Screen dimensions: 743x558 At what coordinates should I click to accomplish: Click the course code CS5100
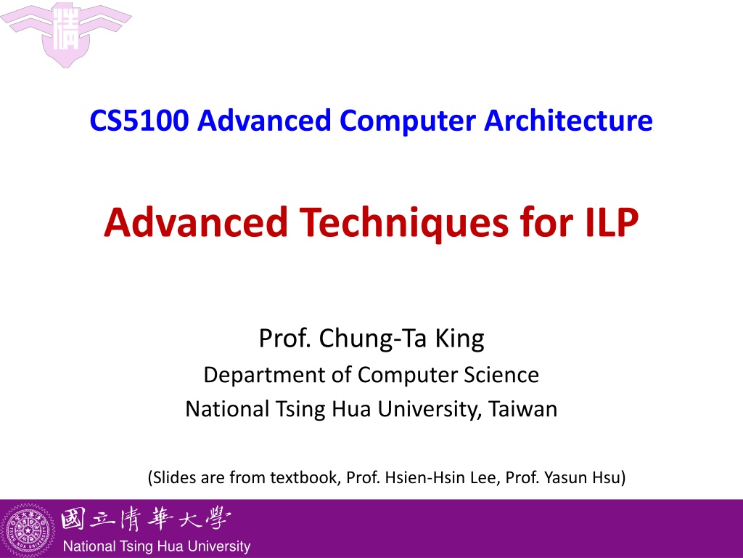[139, 121]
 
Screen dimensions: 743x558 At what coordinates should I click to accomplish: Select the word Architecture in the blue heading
[568, 121]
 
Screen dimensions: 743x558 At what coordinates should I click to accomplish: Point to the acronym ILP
[612, 222]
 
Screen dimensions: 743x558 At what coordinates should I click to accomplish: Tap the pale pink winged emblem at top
[66, 33]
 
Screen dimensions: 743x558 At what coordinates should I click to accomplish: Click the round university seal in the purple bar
[28, 530]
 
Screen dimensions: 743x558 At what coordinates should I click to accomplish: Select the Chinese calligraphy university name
[145, 519]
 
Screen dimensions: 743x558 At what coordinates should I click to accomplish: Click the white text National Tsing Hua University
[157, 546]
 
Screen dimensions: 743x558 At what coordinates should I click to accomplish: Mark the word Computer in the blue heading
[408, 121]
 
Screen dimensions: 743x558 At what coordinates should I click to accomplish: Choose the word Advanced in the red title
[196, 222]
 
